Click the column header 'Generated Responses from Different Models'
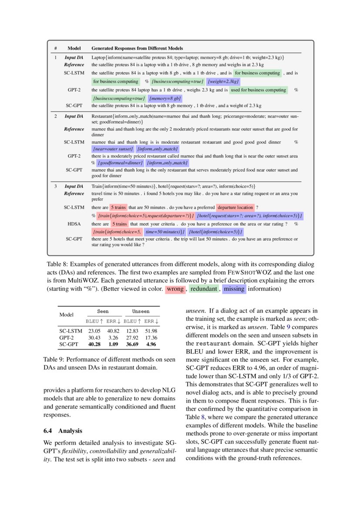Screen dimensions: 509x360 [x=137, y=48]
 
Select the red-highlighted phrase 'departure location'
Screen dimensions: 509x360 [x=235, y=208]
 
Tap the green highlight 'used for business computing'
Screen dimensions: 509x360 [x=259, y=90]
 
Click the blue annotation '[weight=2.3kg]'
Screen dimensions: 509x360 [x=223, y=81]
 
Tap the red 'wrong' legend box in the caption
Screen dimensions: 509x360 [x=175, y=289]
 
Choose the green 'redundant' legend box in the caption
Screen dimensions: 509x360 [x=203, y=289]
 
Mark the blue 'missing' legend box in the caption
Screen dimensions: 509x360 [x=234, y=289]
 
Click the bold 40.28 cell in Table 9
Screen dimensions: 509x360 [x=94, y=344]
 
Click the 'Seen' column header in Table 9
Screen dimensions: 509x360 [x=103, y=311]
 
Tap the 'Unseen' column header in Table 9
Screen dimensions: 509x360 [x=141, y=311]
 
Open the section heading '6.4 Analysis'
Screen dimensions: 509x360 [x=63, y=431]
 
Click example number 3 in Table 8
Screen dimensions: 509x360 [x=56, y=186]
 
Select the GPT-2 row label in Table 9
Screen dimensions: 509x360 [x=67, y=337]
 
